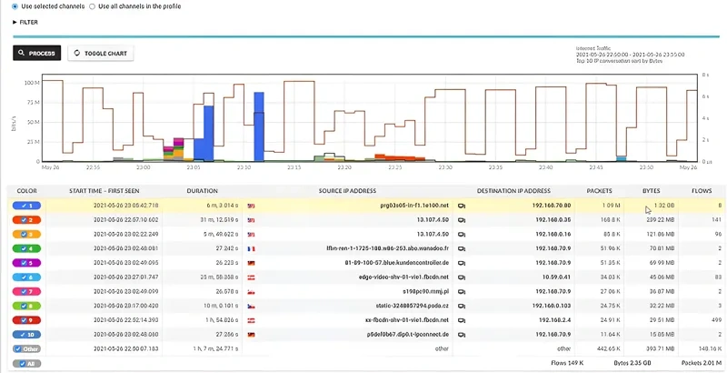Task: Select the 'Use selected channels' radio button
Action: tap(14, 6)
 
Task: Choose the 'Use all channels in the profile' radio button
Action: tap(92, 6)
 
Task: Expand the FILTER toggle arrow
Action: tap(15, 22)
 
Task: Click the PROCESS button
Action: tap(37, 53)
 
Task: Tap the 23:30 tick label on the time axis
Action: tap(443, 167)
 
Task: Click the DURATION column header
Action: tap(202, 191)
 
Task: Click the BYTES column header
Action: tap(651, 191)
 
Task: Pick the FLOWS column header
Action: tap(702, 191)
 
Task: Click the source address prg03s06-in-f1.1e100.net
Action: tap(414, 206)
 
